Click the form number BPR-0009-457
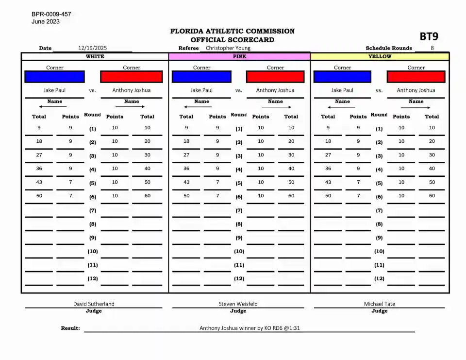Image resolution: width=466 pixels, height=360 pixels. [51, 14]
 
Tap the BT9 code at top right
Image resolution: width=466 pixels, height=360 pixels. [429, 36]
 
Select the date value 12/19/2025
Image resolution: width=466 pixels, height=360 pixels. [92, 48]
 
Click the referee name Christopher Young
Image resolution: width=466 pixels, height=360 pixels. [228, 48]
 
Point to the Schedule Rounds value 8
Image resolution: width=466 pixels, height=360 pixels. [432, 48]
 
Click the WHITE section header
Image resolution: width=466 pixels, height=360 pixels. [95, 56]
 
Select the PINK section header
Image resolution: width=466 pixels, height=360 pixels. [239, 56]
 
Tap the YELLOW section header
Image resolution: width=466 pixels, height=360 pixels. [380, 56]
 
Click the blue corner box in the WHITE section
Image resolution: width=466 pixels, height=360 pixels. [54, 77]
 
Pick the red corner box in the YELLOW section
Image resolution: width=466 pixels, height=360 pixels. [416, 77]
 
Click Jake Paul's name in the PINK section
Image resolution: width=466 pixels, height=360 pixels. [201, 90]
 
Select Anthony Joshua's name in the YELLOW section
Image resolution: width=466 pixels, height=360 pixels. [416, 90]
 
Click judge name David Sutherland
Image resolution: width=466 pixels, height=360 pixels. [94, 304]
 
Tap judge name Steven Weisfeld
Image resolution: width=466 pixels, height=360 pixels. [238, 304]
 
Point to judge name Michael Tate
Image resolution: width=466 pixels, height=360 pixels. [380, 304]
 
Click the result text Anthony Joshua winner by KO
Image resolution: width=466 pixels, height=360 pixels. [252, 328]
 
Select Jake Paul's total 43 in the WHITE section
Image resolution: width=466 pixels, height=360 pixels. [39, 182]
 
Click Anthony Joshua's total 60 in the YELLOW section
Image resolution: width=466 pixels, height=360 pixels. [432, 196]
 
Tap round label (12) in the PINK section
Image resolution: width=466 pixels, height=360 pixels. [239, 279]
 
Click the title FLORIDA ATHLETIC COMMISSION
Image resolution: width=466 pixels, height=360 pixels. [232, 31]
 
